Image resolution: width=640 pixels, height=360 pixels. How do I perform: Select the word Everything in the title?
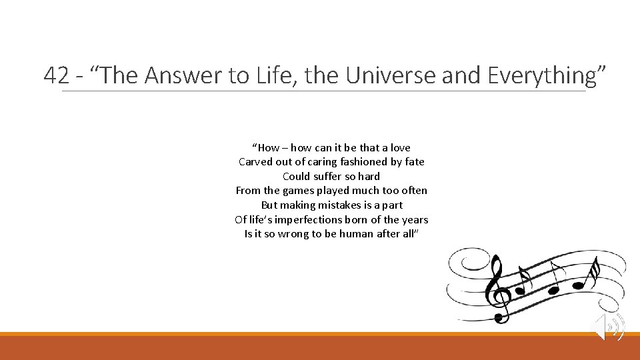pyautogui.click(x=541, y=76)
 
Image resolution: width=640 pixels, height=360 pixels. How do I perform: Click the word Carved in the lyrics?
pyautogui.click(x=254, y=162)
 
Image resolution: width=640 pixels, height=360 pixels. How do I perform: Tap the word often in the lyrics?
pyautogui.click(x=413, y=191)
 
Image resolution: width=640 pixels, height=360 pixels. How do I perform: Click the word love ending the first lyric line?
pyautogui.click(x=400, y=147)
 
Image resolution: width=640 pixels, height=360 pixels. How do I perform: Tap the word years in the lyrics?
pyautogui.click(x=415, y=219)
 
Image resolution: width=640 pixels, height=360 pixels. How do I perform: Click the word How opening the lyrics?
pyautogui.click(x=268, y=147)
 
